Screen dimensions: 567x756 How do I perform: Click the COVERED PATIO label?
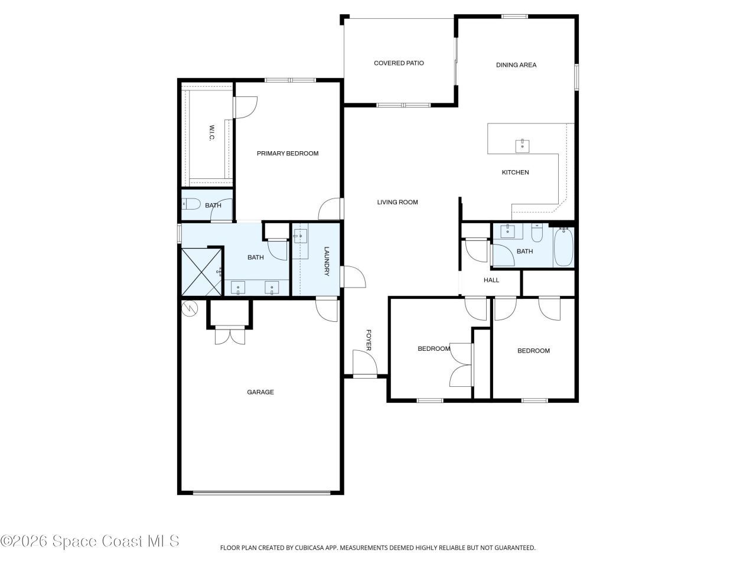pos(399,63)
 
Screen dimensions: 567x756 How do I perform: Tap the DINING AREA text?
pos(516,65)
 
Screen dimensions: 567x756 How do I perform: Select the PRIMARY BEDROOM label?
pos(287,154)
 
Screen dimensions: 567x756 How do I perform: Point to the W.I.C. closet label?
pos(211,133)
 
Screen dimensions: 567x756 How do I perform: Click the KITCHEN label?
pos(515,172)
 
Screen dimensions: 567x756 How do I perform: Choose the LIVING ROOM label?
pos(397,202)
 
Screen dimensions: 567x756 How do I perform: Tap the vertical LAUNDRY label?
pos(325,261)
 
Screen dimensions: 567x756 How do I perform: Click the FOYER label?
pos(369,341)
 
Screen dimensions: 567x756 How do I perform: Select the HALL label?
pos(491,280)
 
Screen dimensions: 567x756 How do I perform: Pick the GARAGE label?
pos(260,392)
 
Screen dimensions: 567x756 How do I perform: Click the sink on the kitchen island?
pos(522,146)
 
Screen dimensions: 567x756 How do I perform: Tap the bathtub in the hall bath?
pos(563,247)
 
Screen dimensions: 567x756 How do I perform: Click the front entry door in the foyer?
pos(364,363)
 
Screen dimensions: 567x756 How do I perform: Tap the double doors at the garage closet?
pos(229,335)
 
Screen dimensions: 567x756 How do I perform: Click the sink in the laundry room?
pos(300,237)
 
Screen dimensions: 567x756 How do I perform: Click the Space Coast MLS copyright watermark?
pos(90,540)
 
